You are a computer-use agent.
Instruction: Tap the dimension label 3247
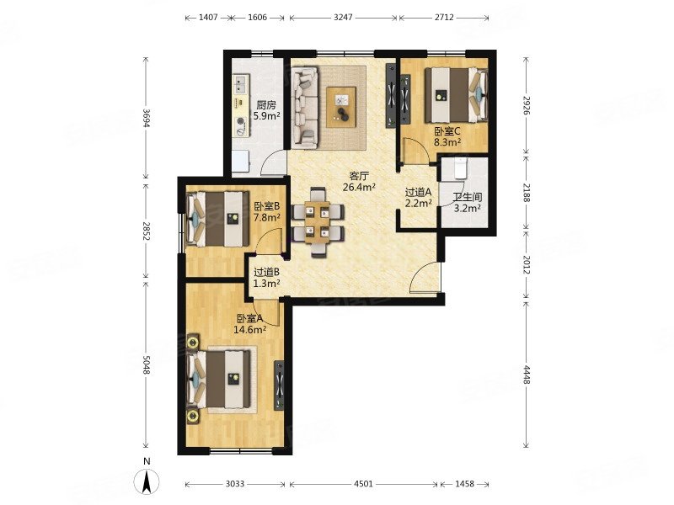point(343,18)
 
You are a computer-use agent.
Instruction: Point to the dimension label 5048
point(146,364)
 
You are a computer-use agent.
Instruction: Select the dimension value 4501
point(363,484)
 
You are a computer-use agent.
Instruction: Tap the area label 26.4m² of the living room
point(360,187)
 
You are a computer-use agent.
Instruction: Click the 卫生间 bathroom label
point(468,198)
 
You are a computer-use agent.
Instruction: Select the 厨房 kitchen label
point(266,104)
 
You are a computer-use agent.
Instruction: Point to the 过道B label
point(266,272)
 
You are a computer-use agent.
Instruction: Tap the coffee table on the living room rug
point(341,108)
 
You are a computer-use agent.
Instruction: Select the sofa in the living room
point(305,108)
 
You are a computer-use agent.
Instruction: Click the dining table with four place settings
point(318,221)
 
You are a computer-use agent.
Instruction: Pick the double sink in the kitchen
point(241,85)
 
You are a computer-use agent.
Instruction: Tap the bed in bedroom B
point(218,219)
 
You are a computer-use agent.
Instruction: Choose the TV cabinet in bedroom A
point(280,385)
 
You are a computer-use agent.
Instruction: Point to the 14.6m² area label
point(249,330)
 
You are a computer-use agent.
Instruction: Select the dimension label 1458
point(464,484)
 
